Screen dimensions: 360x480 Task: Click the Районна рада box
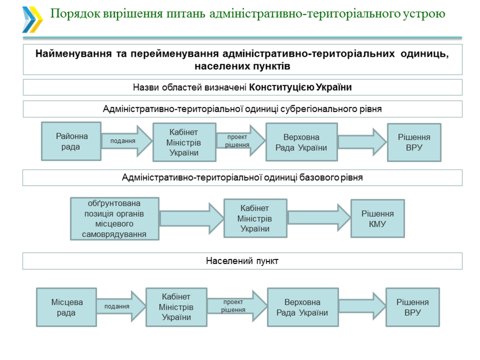(71, 141)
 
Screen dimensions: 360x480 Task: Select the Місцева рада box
(67, 307)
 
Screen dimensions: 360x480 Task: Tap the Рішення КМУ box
(377, 219)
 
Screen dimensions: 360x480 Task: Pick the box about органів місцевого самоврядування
(114, 219)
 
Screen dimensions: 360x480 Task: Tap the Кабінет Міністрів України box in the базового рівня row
(255, 219)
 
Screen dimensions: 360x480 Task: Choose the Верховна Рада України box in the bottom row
(302, 307)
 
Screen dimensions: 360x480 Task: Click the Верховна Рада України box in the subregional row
(301, 142)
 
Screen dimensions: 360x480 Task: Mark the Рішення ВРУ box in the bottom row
(413, 307)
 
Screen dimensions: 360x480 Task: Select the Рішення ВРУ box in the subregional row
(414, 142)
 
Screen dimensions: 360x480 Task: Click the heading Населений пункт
(242, 261)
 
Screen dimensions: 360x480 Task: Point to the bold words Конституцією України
(301, 87)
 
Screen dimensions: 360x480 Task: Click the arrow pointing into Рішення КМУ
(319, 218)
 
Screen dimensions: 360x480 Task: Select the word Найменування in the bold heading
(70, 54)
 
